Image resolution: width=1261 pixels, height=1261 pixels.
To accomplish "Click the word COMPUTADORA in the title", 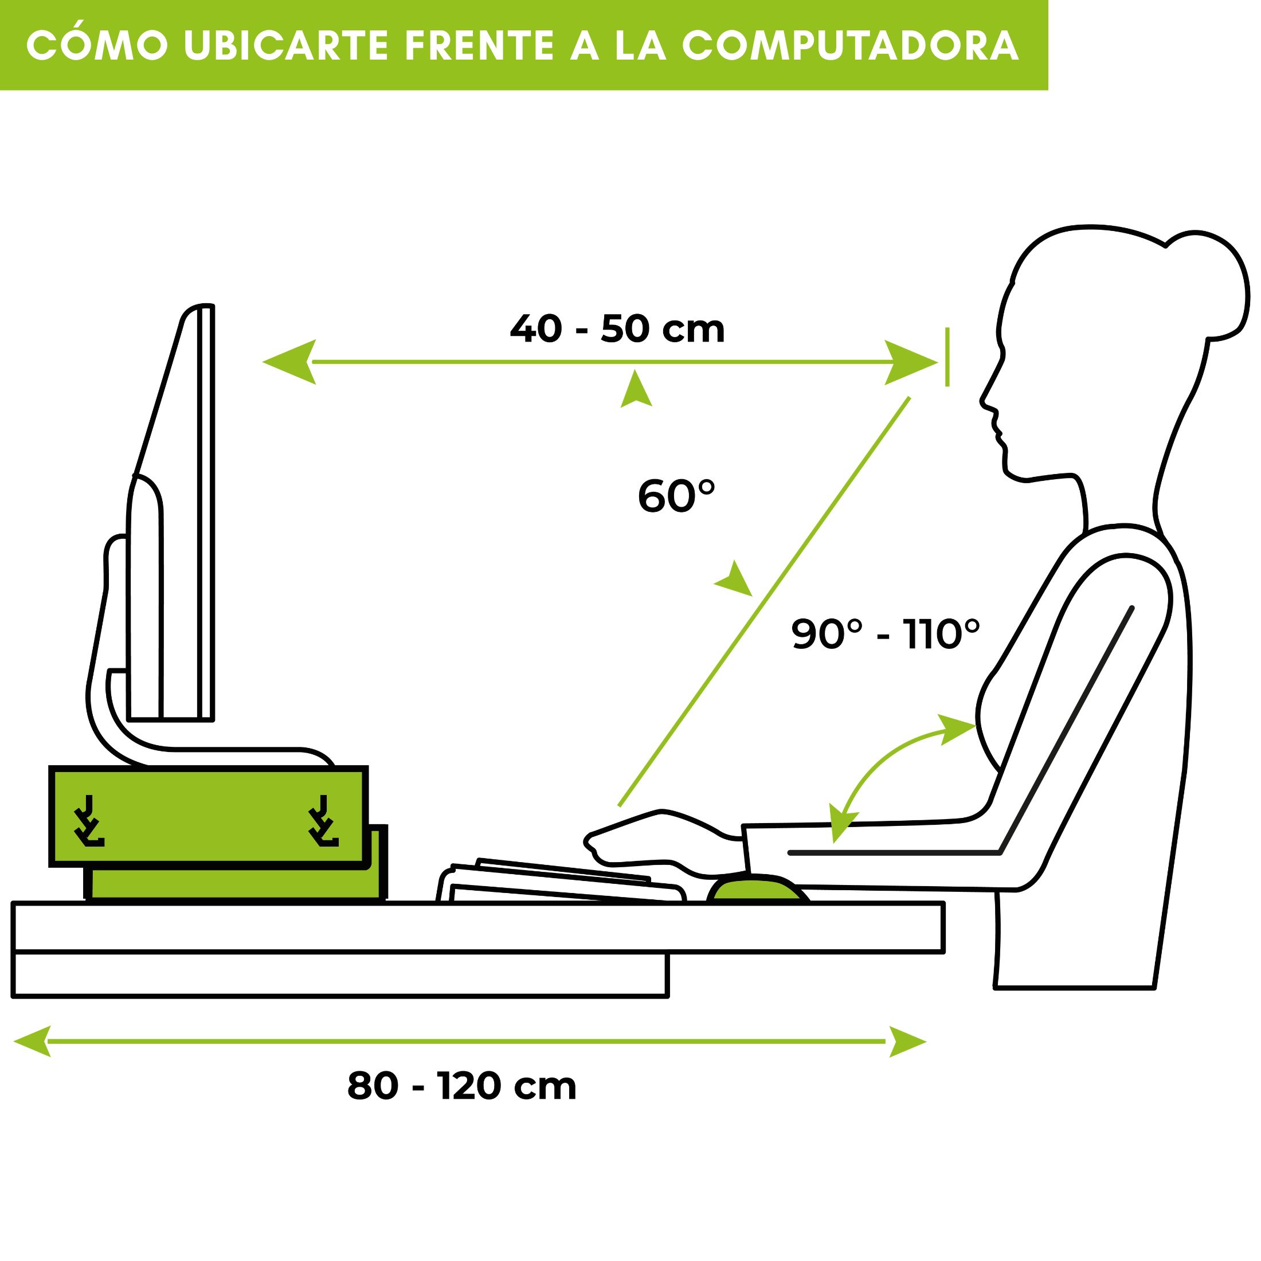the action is point(851,46).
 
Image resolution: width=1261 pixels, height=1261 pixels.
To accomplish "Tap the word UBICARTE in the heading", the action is point(287,46).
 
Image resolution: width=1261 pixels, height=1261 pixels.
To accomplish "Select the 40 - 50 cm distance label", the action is point(617,329).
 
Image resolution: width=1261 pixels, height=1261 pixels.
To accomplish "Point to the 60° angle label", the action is point(676,496).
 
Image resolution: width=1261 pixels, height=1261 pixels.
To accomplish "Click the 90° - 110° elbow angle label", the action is point(886,634).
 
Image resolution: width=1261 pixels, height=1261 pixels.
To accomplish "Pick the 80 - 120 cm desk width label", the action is point(462,1087).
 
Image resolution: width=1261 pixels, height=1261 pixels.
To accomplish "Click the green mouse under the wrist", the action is point(758,890).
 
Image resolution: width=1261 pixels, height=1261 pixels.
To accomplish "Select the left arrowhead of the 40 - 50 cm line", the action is point(289,362).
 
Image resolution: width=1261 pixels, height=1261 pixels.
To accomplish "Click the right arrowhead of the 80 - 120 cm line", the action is point(907,1041).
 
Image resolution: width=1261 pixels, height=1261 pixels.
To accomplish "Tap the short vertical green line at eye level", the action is point(947,357).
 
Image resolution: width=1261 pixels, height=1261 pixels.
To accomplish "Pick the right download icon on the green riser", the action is point(323,820).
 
